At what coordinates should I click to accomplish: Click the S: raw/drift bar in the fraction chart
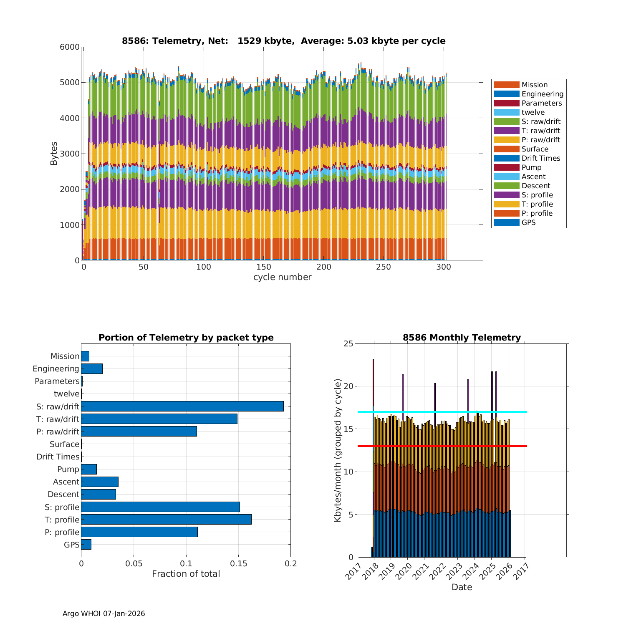coord(182,406)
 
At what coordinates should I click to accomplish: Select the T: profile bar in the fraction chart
coord(166,520)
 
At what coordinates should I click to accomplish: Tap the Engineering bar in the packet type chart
coord(92,369)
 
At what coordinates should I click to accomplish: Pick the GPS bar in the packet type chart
coord(86,545)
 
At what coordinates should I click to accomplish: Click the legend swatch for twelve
coord(506,112)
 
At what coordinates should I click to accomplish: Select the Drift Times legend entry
coord(540,158)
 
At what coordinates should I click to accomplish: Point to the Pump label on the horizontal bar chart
coord(68,469)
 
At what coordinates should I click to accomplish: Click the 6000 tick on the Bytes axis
coord(70,47)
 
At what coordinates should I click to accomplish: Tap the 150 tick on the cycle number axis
coord(264,268)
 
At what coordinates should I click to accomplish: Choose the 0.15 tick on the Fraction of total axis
coord(238,564)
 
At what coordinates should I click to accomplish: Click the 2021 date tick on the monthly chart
coord(421,569)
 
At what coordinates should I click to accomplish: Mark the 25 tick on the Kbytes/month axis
coord(348,344)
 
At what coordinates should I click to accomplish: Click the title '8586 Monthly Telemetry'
coord(462,338)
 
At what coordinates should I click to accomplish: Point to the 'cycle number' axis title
coord(282,277)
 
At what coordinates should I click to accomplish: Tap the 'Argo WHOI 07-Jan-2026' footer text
coord(103,613)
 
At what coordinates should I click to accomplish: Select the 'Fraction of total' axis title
coord(186,574)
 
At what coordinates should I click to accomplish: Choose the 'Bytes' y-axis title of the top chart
coord(54,153)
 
